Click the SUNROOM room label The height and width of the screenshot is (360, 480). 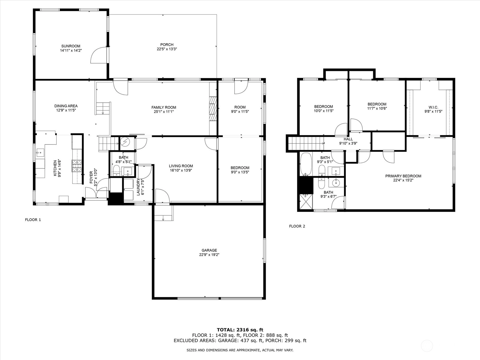[x=70, y=46]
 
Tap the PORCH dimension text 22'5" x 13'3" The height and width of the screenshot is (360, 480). [x=166, y=49]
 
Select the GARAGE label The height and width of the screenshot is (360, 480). [x=209, y=250]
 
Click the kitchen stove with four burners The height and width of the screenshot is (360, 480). [x=76, y=166]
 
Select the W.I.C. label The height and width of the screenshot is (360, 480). [x=433, y=107]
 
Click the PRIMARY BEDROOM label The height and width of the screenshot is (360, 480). [x=403, y=176]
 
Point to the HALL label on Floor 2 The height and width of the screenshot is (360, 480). [x=348, y=139]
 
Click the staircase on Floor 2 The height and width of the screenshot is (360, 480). [x=306, y=143]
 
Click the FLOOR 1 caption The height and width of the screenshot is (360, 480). [x=33, y=220]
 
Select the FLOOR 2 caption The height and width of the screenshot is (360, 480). [x=297, y=226]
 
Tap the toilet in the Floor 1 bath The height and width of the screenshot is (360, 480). [x=116, y=170]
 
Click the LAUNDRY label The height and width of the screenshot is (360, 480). [x=138, y=187]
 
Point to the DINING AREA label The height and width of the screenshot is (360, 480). [x=66, y=106]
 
